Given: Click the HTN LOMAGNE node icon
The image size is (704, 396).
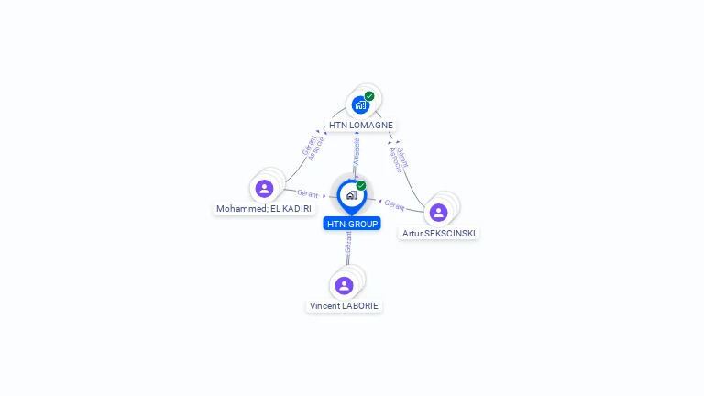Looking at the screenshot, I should click(360, 104).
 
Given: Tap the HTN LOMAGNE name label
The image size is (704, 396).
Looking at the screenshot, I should click(361, 125).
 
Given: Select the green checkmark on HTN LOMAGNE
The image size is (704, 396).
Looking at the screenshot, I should click(369, 96).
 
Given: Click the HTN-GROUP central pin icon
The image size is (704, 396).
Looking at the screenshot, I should click(351, 195).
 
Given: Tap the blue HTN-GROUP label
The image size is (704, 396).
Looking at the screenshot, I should click(352, 224).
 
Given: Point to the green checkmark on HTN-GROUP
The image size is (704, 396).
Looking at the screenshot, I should click(361, 186).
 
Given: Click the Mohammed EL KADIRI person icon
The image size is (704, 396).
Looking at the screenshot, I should click(264, 189).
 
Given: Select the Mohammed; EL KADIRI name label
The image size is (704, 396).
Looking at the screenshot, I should click(264, 209).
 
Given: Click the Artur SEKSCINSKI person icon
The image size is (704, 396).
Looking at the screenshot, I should click(438, 213).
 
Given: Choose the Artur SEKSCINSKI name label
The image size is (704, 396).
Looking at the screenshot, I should click(439, 233).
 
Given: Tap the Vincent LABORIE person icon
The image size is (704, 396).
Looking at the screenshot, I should click(344, 285).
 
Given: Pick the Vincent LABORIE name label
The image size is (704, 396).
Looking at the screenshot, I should click(345, 305).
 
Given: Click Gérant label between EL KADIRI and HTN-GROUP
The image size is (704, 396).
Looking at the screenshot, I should click(307, 193).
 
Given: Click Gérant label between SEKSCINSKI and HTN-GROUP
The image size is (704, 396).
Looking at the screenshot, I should click(395, 204).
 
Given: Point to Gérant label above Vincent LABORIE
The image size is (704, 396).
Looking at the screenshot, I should click(348, 243).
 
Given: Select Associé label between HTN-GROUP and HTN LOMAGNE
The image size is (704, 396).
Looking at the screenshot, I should click(357, 151).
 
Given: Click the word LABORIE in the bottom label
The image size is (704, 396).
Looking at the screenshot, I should click(359, 305).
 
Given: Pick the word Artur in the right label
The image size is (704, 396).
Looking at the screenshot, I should click(412, 233).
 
